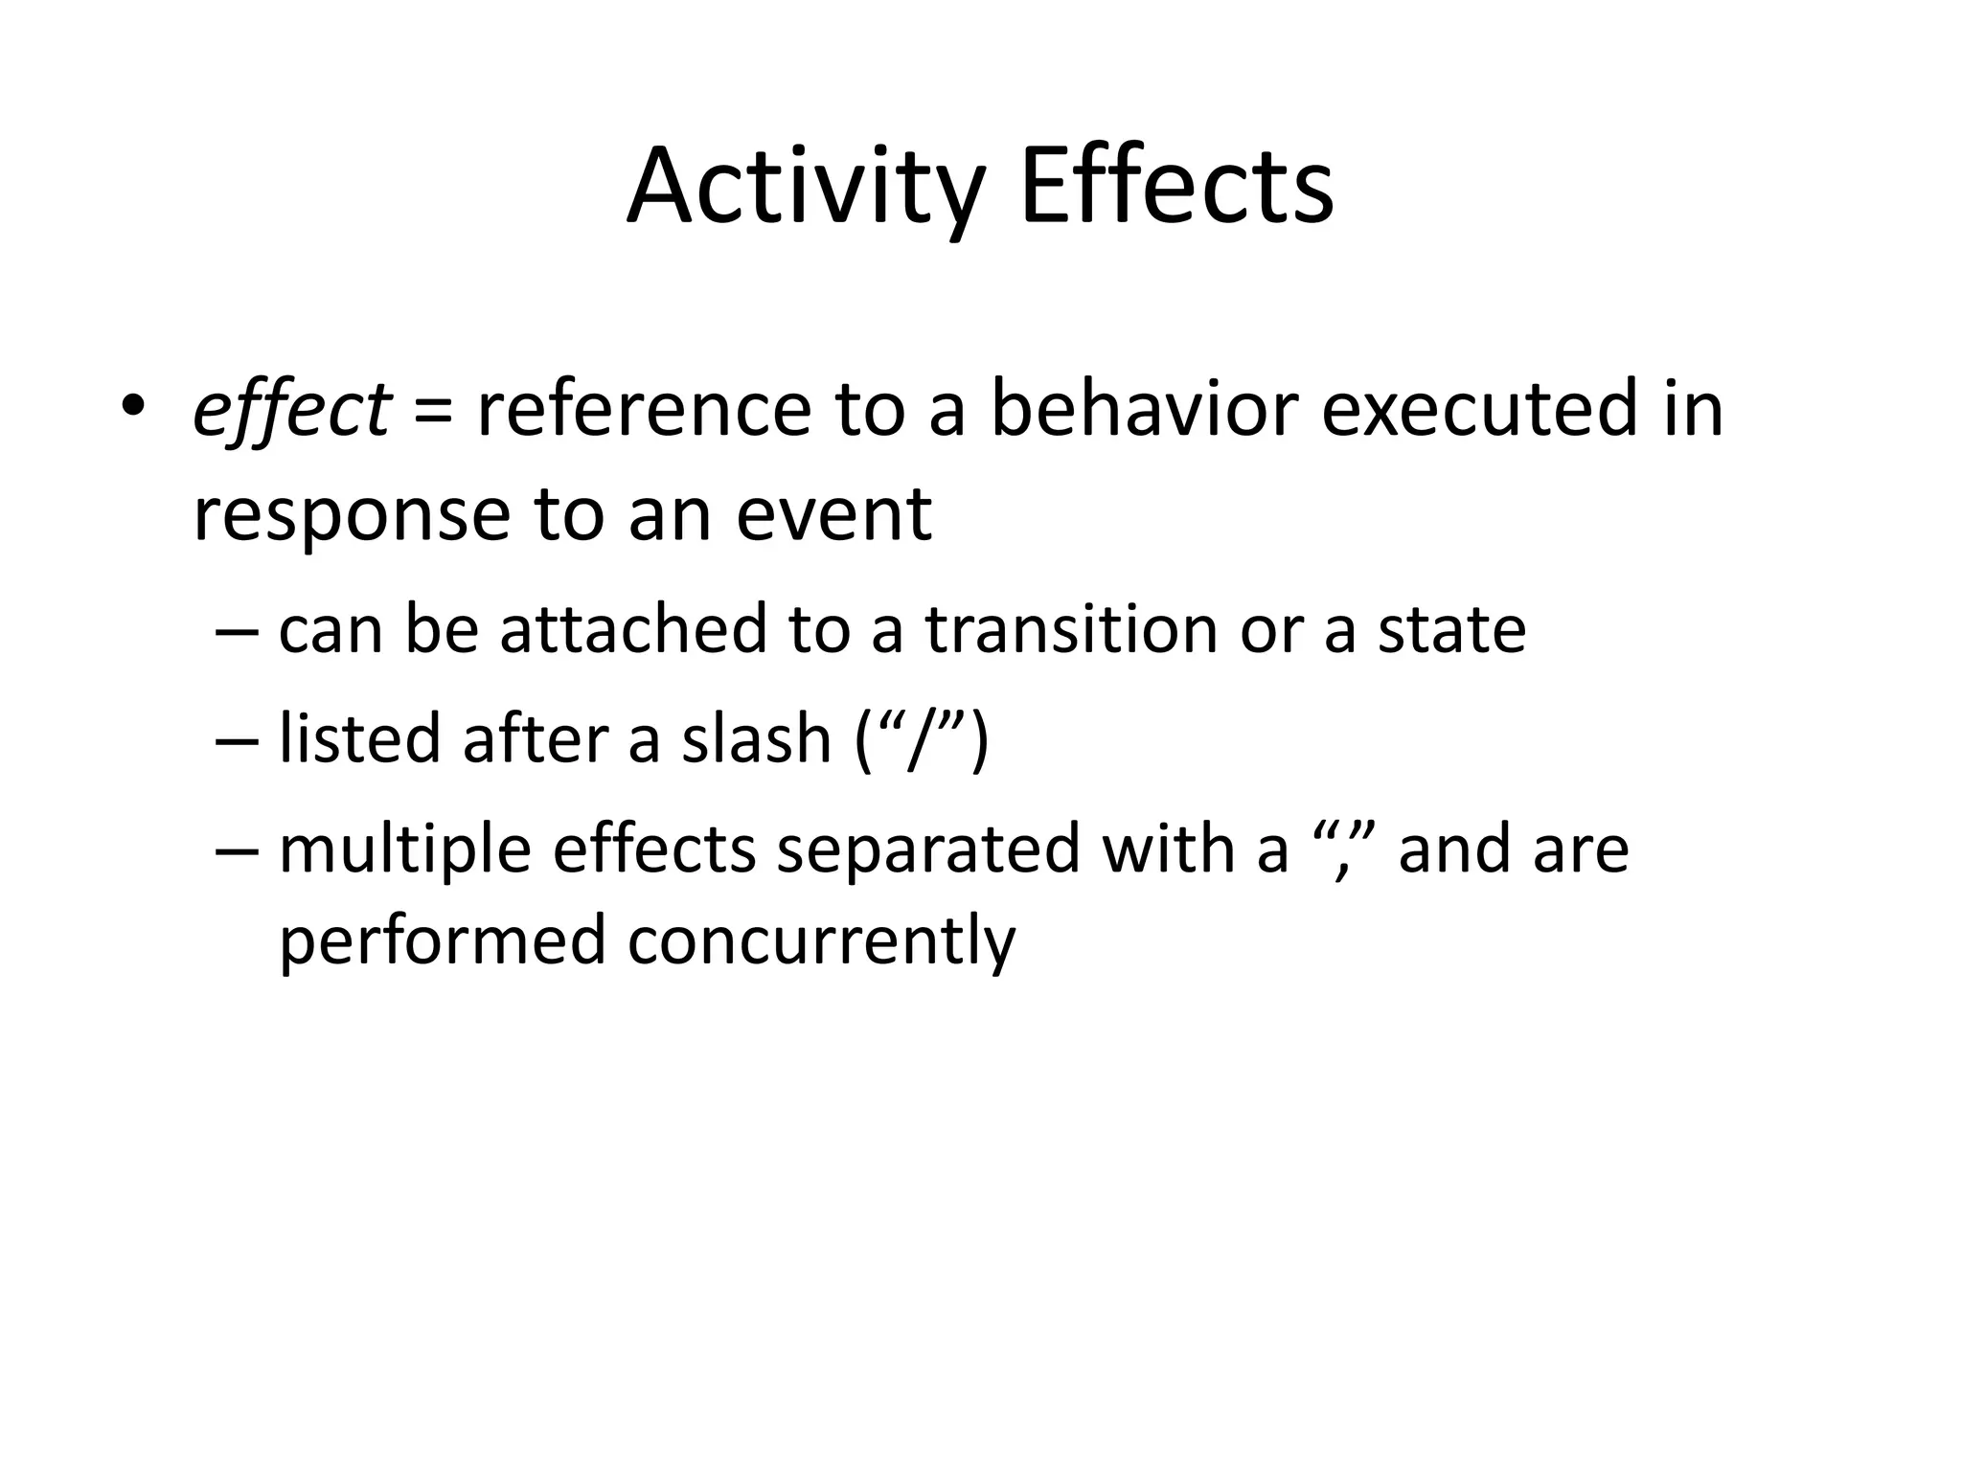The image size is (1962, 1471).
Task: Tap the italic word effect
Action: (x=291, y=410)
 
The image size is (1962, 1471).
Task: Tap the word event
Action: (x=833, y=513)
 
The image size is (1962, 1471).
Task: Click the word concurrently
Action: (x=821, y=939)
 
